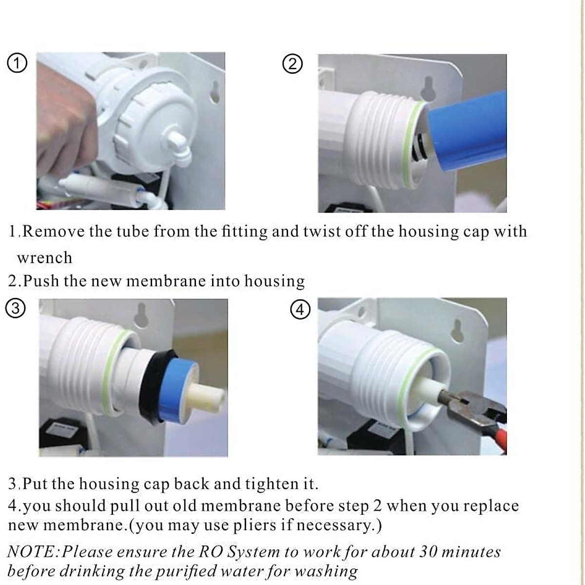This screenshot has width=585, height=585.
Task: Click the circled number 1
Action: pyautogui.click(x=18, y=64)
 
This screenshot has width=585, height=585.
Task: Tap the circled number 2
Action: pyautogui.click(x=292, y=64)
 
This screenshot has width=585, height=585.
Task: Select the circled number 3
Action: pyautogui.click(x=15, y=309)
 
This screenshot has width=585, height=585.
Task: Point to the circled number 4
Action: pyautogui.click(x=300, y=310)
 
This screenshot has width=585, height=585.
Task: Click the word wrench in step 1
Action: pyautogui.click(x=44, y=257)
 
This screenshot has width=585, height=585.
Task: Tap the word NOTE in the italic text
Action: pyautogui.click(x=32, y=552)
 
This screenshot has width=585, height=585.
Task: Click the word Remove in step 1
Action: pyautogui.click(x=54, y=231)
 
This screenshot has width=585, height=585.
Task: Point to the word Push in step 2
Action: pyautogui.click(x=41, y=281)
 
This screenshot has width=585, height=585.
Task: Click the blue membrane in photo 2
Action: pyautogui.click(x=468, y=136)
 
